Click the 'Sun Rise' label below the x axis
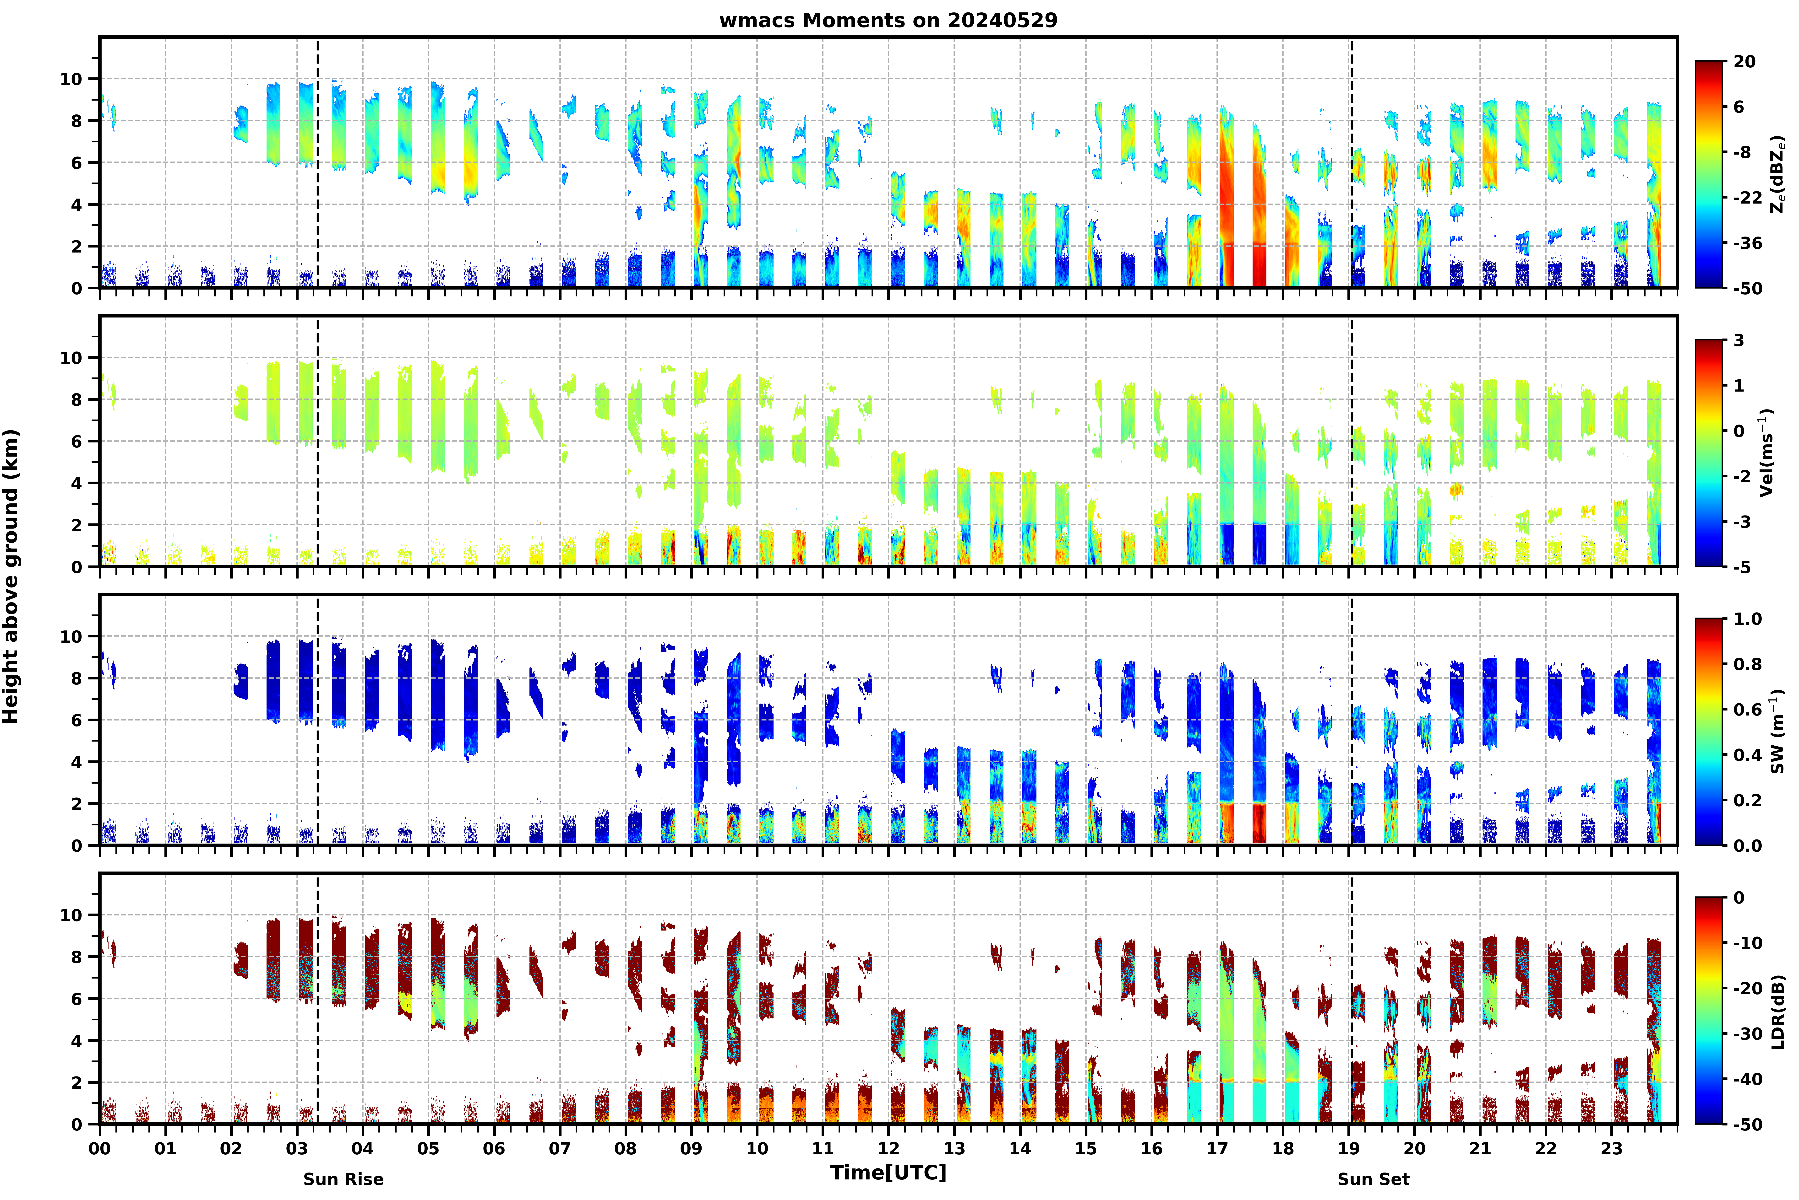tap(344, 1179)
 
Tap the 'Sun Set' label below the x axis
tap(1373, 1179)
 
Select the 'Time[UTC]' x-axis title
tap(888, 1173)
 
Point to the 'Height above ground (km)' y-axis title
tap(11, 576)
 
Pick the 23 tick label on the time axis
tap(1611, 1149)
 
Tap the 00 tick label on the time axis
tap(99, 1149)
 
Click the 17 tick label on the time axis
tap(1217, 1149)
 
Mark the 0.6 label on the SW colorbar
tap(1748, 710)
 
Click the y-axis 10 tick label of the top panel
tap(71, 79)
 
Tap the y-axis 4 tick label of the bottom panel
tap(76, 1041)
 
